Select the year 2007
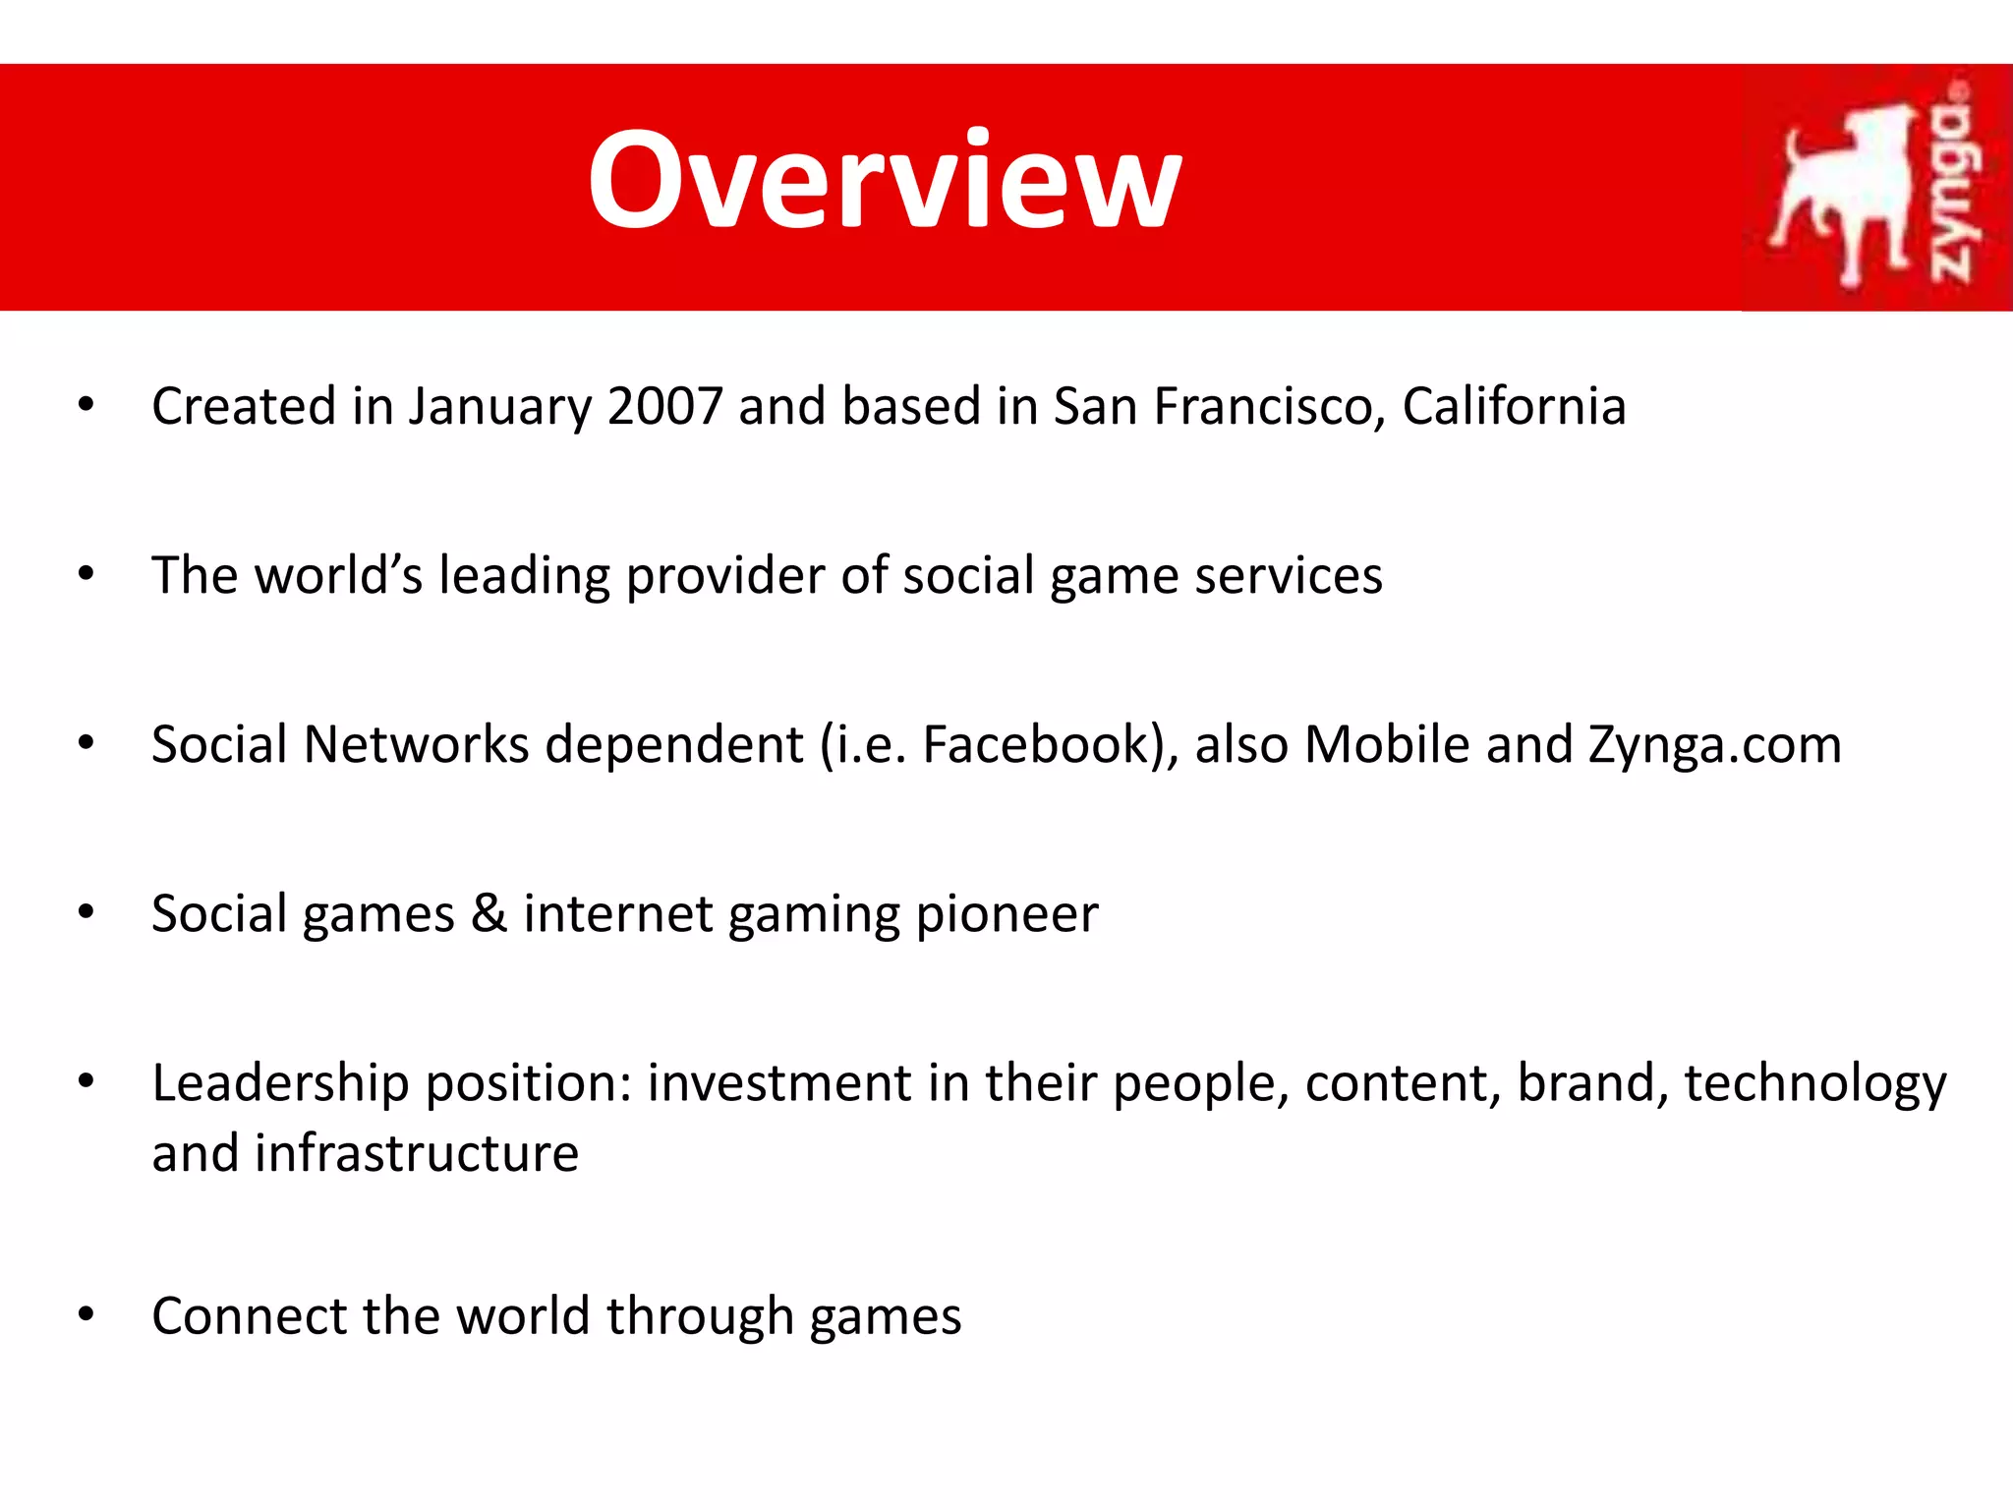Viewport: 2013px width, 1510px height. point(665,406)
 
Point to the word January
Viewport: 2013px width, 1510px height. point(500,406)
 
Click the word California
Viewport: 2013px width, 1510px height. point(1514,406)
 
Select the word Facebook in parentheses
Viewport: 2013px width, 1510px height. point(1036,744)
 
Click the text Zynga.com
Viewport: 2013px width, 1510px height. point(1715,745)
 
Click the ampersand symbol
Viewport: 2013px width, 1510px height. point(489,913)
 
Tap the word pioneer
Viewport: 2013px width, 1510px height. point(1006,914)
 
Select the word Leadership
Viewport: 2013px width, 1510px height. point(280,1083)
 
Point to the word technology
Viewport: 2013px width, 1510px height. point(1814,1083)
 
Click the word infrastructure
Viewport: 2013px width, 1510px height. point(417,1153)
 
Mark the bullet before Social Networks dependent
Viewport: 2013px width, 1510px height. point(86,743)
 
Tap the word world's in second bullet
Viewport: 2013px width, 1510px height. point(338,575)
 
